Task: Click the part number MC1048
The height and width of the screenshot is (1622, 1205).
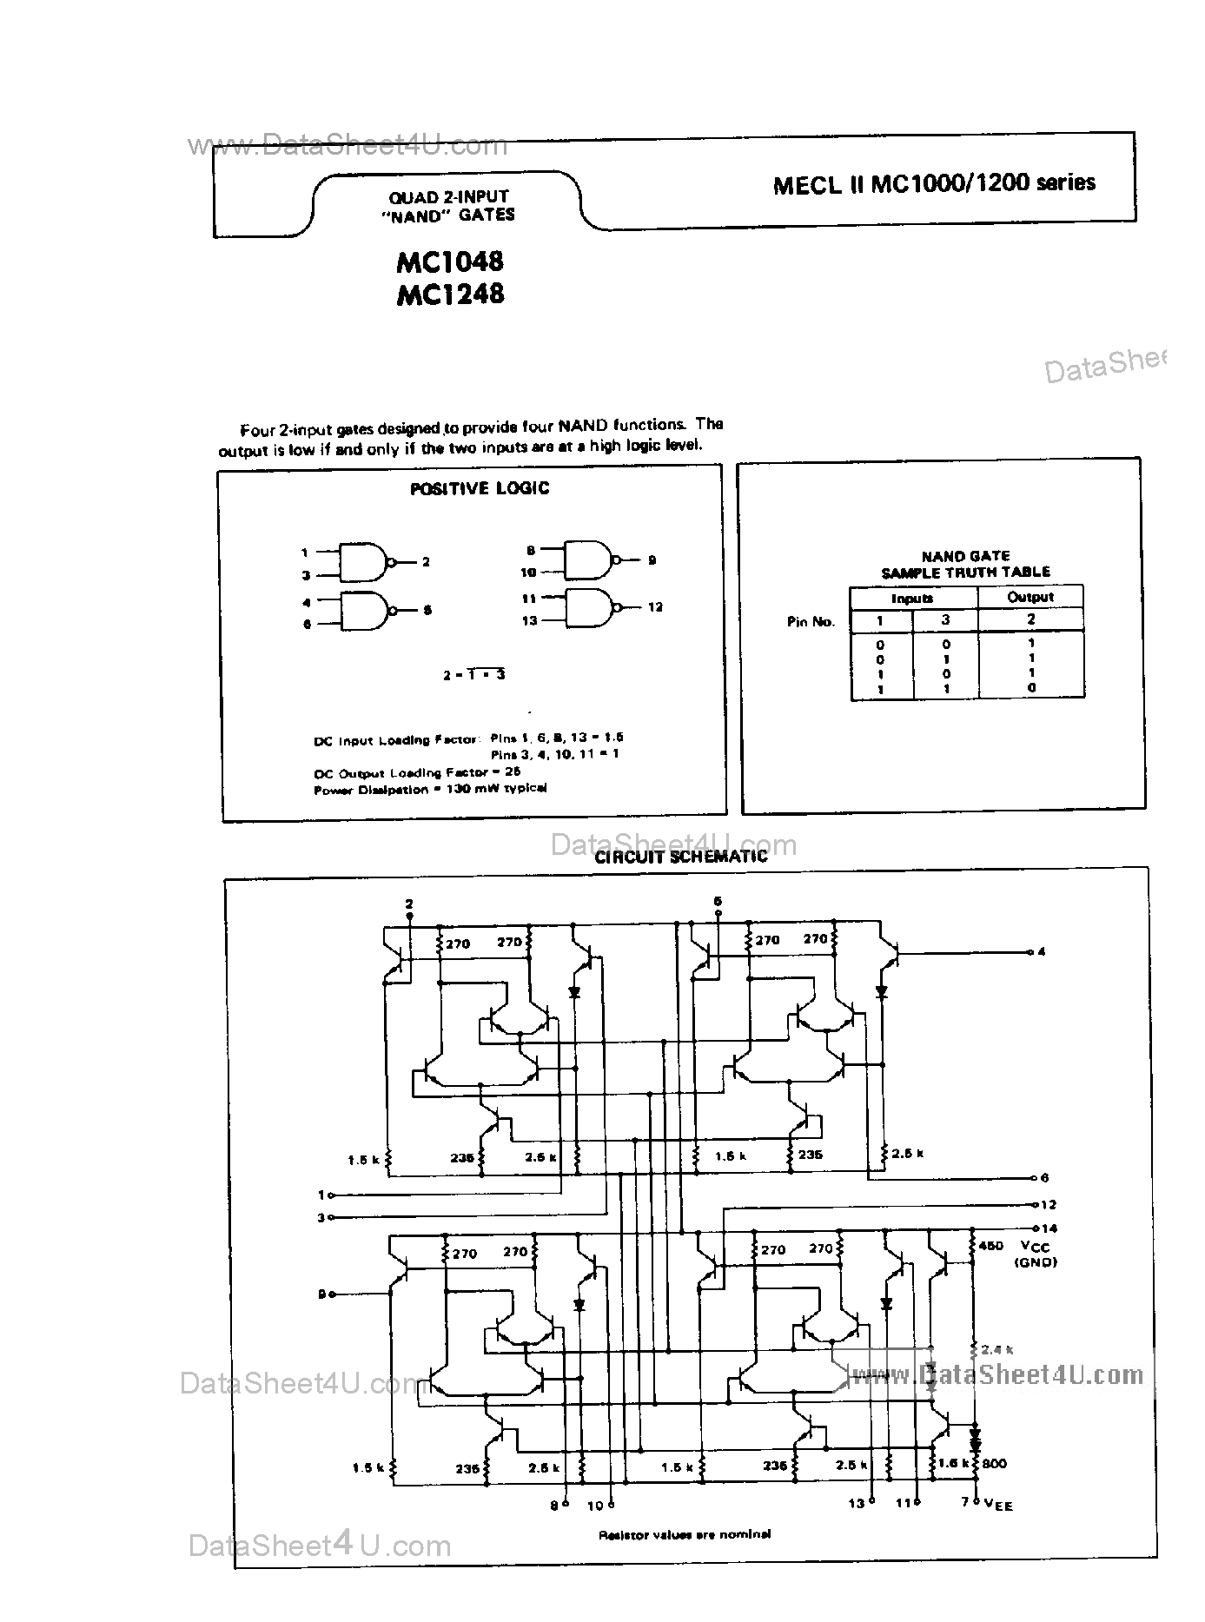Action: (x=449, y=262)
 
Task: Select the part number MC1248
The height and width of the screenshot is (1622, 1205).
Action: (x=449, y=294)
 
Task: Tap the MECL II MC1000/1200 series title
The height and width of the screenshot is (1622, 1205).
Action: (x=934, y=183)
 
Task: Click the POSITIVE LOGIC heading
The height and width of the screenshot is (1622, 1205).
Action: (x=480, y=488)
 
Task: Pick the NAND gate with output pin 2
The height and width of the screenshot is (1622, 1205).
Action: (x=363, y=562)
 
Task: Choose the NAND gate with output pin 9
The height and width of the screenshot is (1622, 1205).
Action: (x=588, y=560)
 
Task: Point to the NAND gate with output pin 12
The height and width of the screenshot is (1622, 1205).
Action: (x=589, y=606)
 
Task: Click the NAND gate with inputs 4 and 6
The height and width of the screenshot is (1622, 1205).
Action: (x=363, y=611)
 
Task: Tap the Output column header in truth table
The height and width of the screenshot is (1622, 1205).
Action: (x=1030, y=597)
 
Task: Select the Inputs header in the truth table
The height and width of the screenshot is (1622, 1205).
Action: (x=912, y=599)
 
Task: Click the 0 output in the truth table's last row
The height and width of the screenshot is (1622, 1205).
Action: (x=1031, y=687)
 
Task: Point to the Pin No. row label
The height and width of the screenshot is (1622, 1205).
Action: (x=811, y=621)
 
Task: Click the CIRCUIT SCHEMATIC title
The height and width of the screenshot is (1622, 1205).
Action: (x=681, y=857)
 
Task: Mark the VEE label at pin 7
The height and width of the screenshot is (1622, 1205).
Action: (x=998, y=1505)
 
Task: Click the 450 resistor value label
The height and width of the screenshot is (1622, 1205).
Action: (x=990, y=1245)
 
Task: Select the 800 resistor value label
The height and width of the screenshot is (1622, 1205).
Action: (x=995, y=1463)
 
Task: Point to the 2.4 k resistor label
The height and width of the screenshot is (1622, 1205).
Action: (x=996, y=1349)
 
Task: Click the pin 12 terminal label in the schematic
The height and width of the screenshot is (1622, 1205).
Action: (x=1049, y=1204)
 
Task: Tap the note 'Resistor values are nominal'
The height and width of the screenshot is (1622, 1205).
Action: (x=684, y=1534)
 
